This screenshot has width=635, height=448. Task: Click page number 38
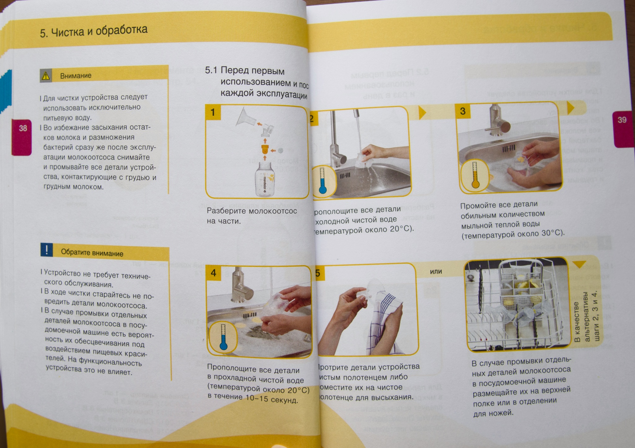point(23,128)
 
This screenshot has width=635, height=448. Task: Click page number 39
point(622,120)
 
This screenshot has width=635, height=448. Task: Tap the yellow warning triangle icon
point(46,76)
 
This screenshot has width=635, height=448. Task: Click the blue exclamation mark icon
point(47,250)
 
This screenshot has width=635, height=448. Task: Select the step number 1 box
point(213,112)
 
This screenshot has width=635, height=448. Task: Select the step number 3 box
point(463,111)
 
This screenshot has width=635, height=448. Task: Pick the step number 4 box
point(213,273)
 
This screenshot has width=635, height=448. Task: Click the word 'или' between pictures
point(436,271)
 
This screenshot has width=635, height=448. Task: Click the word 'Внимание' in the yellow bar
point(76,76)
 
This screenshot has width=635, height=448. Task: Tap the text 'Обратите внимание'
point(92,253)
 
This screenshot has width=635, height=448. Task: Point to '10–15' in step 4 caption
point(257,398)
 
